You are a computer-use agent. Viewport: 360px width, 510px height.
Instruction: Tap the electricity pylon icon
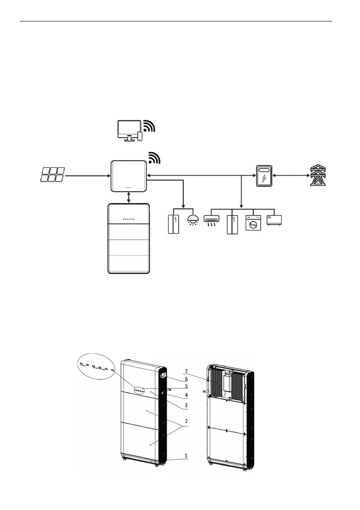[318, 175]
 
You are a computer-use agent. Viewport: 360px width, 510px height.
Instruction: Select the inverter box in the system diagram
[129, 176]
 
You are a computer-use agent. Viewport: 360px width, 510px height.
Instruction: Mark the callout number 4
[186, 395]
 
